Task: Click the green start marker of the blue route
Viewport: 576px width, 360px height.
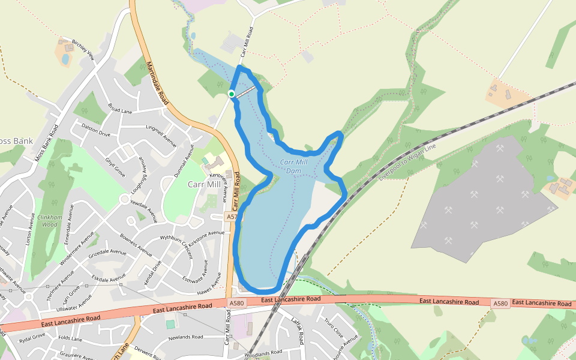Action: click(x=232, y=94)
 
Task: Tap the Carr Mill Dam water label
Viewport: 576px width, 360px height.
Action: click(x=293, y=166)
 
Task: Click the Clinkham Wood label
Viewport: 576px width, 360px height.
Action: click(x=49, y=220)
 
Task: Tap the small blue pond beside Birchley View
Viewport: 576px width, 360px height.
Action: click(x=65, y=59)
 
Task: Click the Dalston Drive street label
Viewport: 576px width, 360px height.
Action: click(x=97, y=133)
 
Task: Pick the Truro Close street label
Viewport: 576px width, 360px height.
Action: click(x=334, y=329)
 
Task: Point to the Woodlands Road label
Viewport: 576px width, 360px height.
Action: click(x=263, y=353)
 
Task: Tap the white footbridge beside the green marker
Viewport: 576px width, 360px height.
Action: click(x=246, y=91)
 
